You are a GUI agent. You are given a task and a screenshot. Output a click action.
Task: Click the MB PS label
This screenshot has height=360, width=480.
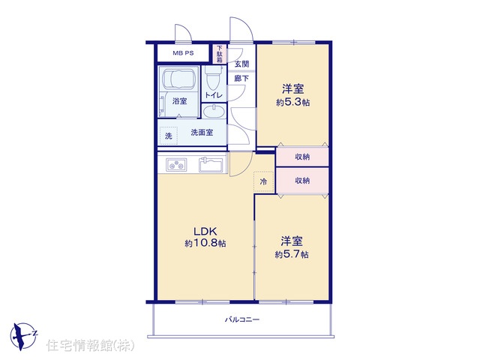(183, 53)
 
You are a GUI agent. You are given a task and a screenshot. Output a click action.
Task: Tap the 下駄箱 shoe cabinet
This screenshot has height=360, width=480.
(220, 54)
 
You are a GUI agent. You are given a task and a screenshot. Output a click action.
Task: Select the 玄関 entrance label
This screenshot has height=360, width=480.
(241, 64)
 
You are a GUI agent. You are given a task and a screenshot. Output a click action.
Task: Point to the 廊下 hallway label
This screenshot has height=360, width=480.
(241, 78)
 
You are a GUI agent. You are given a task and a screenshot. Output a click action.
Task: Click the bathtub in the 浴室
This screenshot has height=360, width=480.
(179, 78)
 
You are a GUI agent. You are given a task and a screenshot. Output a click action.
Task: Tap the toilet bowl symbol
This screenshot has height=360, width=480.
(213, 78)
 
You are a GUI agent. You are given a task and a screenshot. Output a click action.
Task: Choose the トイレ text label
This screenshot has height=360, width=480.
(214, 95)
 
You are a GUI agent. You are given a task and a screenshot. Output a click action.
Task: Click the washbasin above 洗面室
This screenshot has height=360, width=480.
(214, 111)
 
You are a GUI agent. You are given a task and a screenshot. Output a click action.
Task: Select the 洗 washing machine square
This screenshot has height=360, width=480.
(168, 136)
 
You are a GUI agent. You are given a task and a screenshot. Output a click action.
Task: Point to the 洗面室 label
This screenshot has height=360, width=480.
(202, 133)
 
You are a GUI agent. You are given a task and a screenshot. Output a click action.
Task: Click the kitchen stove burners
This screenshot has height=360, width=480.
(176, 165)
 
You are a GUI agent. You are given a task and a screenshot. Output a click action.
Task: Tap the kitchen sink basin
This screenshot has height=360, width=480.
(211, 165)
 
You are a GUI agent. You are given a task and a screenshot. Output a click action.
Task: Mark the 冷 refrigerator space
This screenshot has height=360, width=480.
(263, 181)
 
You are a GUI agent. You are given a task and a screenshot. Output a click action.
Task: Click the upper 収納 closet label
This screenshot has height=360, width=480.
(302, 157)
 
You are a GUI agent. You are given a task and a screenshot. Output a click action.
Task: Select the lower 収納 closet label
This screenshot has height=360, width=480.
(302, 181)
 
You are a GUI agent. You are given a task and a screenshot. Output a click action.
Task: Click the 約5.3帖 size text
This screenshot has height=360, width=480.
(292, 102)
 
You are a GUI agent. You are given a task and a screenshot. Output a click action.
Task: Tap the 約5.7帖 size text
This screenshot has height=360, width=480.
(292, 254)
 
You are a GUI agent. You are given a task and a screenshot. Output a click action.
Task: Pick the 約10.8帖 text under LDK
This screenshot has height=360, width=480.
(205, 243)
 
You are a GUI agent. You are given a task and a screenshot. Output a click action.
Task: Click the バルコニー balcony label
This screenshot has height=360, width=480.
(242, 320)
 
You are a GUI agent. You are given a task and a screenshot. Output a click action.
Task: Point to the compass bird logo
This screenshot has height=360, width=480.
(23, 335)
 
